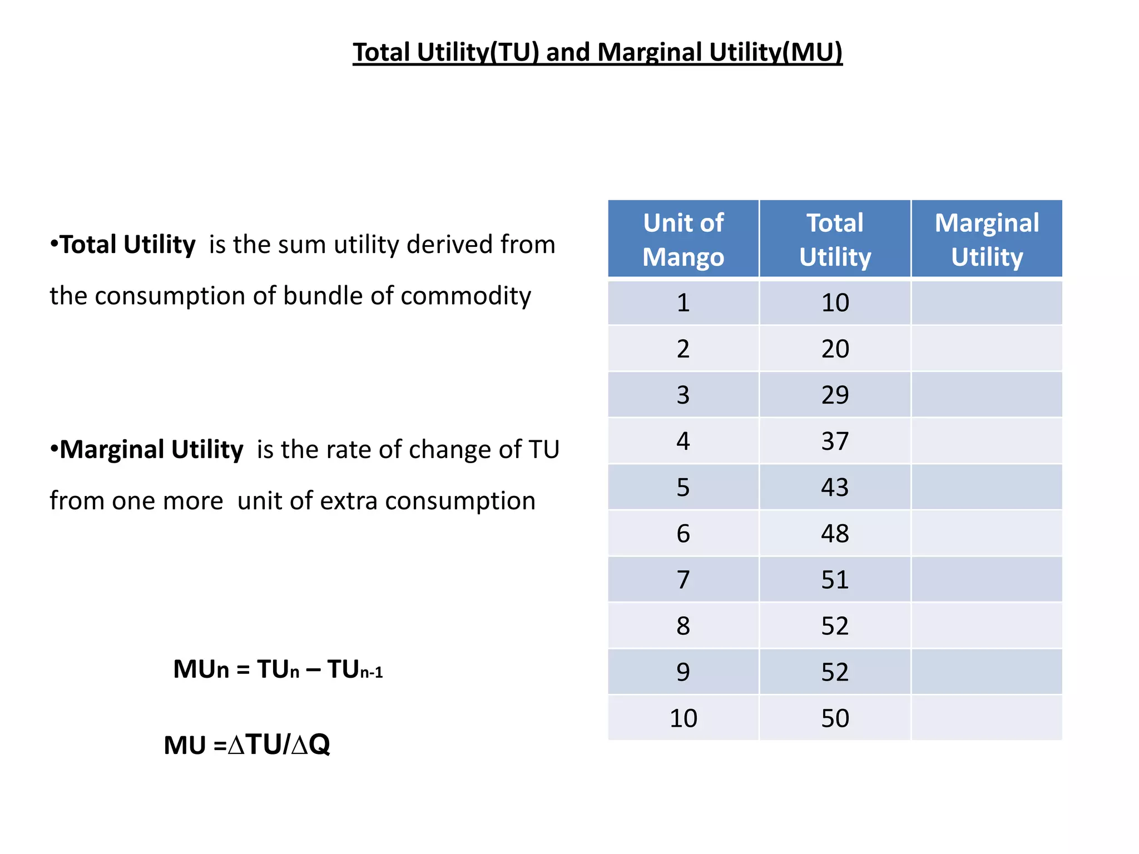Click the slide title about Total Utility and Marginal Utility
click(x=597, y=52)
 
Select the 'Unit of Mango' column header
click(x=683, y=239)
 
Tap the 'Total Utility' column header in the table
click(x=835, y=239)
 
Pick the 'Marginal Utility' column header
click(x=987, y=239)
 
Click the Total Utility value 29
click(x=835, y=395)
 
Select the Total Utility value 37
click(x=835, y=441)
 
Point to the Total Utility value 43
click(x=835, y=487)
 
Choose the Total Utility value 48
click(x=835, y=533)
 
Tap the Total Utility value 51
click(x=835, y=579)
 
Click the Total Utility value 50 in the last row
click(x=835, y=718)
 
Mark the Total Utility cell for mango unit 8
click(x=835, y=625)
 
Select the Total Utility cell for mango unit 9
click(x=835, y=672)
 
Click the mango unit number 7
click(x=683, y=579)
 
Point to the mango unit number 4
click(x=683, y=441)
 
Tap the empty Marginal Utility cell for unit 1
click(x=987, y=302)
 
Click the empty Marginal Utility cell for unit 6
click(x=987, y=533)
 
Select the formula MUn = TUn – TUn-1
click(x=278, y=669)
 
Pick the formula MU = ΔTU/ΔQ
click(x=247, y=744)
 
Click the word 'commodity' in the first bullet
click(x=465, y=296)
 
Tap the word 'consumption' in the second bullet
click(x=460, y=501)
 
